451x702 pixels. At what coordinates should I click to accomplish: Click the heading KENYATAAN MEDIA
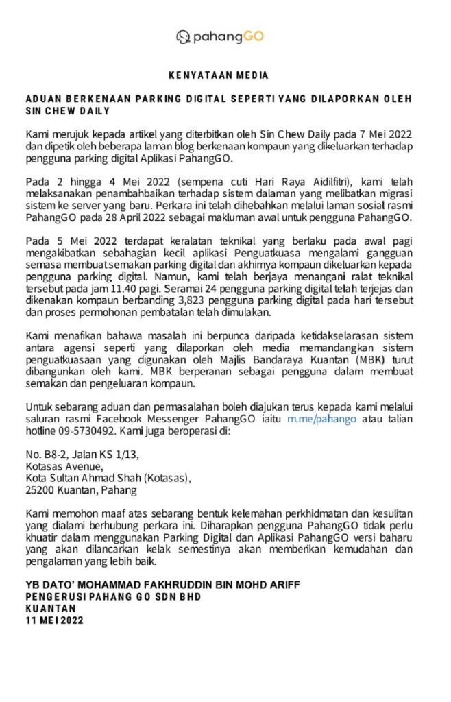click(219, 75)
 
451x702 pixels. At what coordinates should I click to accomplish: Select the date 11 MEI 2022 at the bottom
click(54, 621)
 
